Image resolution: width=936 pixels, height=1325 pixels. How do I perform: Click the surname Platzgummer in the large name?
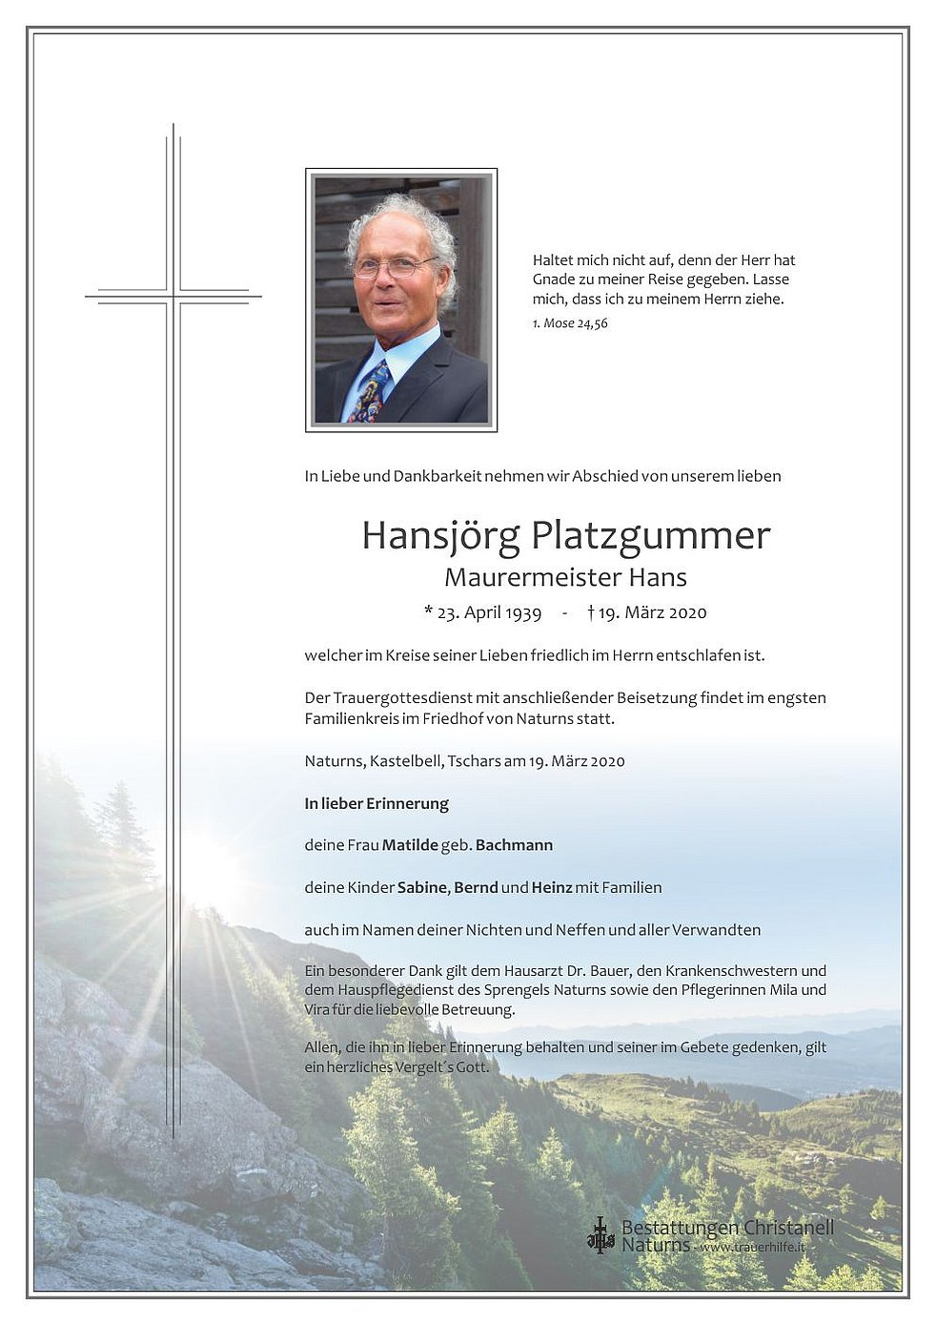point(650,536)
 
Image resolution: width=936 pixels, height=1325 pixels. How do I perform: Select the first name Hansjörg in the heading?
point(440,536)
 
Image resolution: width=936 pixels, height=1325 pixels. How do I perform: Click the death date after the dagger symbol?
point(653,612)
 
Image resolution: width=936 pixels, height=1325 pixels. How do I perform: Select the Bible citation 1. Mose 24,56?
point(570,323)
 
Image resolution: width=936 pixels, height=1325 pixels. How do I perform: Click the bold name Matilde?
point(410,845)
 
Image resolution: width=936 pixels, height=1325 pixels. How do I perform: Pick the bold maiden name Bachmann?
point(514,845)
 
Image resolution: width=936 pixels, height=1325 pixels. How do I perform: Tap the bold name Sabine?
point(421,887)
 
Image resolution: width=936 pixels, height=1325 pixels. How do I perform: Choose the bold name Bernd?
point(476,887)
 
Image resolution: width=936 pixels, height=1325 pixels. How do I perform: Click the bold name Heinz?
point(552,887)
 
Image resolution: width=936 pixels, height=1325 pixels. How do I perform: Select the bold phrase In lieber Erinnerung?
point(376,803)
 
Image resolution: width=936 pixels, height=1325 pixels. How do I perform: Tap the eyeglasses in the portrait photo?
point(393,267)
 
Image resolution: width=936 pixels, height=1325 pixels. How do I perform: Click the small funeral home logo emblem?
point(600,1234)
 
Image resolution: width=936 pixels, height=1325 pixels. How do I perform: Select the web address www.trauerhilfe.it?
point(752,1247)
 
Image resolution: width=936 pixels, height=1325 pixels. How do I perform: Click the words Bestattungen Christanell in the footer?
point(726,1228)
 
